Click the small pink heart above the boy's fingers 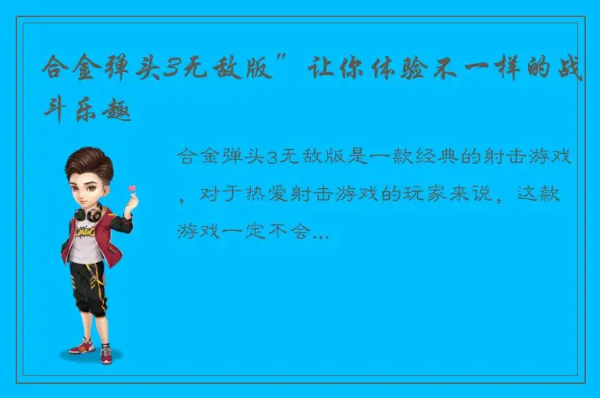click(x=132, y=188)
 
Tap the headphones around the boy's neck click(x=87, y=211)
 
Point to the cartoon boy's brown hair click(x=87, y=162)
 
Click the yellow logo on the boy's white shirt click(x=86, y=232)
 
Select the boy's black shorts click(x=87, y=276)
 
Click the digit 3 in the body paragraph click(x=273, y=158)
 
